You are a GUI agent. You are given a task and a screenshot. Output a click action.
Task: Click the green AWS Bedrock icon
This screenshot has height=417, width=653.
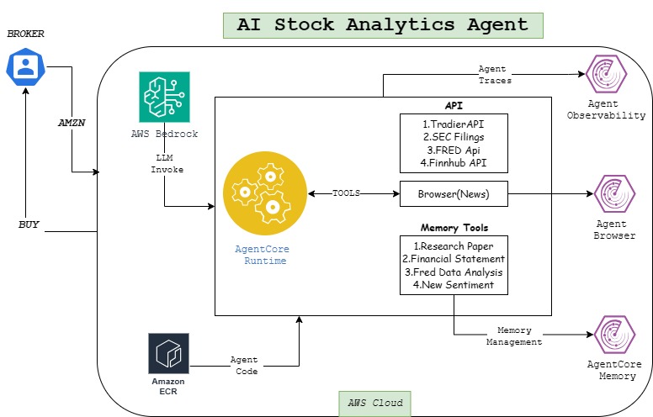(x=164, y=98)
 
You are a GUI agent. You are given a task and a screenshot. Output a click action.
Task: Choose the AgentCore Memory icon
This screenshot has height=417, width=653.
(x=614, y=333)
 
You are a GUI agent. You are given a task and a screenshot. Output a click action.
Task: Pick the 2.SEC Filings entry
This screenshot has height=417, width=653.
(x=454, y=135)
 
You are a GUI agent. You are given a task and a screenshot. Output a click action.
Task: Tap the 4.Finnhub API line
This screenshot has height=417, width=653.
(x=454, y=162)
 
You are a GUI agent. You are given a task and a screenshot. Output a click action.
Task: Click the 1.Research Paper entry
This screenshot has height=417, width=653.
(x=454, y=245)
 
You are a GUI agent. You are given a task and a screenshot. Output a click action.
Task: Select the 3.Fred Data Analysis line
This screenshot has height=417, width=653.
(x=454, y=272)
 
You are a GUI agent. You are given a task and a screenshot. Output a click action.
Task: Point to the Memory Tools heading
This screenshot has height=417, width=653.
(x=454, y=228)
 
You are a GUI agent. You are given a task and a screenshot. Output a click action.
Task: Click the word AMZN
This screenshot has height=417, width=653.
(x=72, y=122)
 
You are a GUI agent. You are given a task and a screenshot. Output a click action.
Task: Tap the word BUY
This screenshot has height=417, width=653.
(x=30, y=225)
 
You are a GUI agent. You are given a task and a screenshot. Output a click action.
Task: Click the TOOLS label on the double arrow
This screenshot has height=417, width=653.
(x=347, y=193)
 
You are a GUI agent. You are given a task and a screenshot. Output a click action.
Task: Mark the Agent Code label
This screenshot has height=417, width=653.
(x=244, y=365)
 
